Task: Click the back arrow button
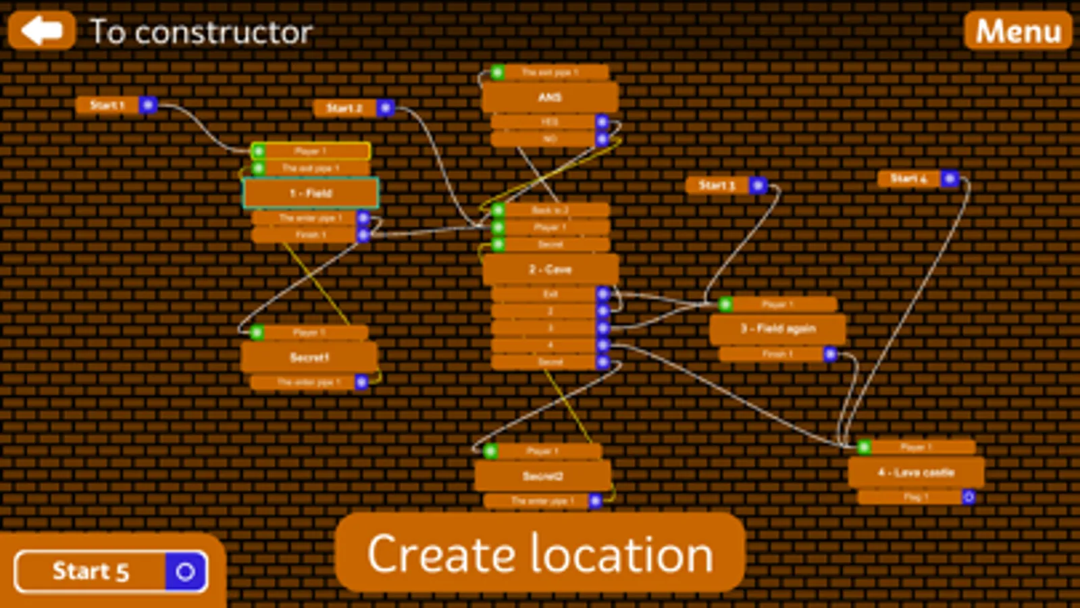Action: coord(41,30)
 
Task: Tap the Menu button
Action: coord(1018,31)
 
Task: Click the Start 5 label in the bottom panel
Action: coord(91,572)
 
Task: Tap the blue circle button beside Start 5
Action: coord(186,572)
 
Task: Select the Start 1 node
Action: coord(108,105)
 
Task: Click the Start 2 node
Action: coord(344,108)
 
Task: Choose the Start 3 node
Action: coord(717,184)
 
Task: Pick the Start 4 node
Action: coord(908,178)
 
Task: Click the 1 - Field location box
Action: coord(311,193)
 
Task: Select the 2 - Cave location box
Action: coord(550,270)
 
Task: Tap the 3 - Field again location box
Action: coord(777,329)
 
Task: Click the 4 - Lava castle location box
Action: coord(916,472)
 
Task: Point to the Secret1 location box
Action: coord(309,357)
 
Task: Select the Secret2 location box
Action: coord(542,476)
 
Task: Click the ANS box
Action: coord(550,97)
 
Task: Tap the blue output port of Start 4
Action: coord(950,178)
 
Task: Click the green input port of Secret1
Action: coord(257,332)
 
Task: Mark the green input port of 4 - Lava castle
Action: coord(864,447)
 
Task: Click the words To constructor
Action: coord(201,32)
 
